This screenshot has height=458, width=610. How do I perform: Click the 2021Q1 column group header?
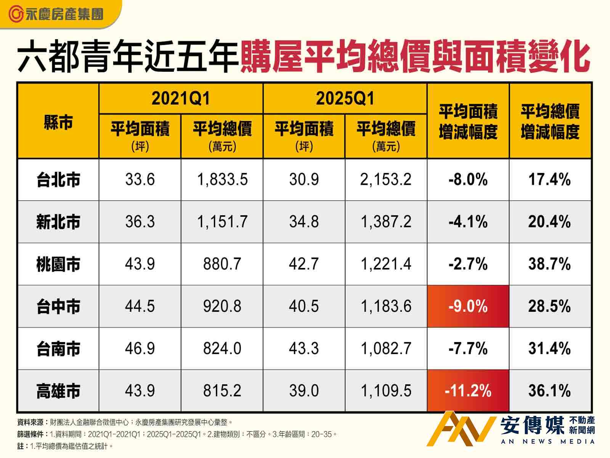(181, 98)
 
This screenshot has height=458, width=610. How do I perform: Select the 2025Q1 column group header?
(345, 98)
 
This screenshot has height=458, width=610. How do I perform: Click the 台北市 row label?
(58, 180)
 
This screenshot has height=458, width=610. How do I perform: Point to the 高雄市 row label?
(58, 391)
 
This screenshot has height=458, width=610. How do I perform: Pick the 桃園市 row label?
(58, 264)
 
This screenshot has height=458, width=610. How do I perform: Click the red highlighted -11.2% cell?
(468, 391)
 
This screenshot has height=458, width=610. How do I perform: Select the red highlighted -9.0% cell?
(468, 306)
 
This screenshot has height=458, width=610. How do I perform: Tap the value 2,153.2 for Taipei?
(386, 179)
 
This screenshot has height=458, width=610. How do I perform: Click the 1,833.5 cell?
(222, 179)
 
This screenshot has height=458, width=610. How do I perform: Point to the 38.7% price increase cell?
(549, 264)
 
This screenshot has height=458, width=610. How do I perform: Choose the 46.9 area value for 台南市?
(140, 348)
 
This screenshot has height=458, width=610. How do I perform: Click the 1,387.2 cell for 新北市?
(386, 222)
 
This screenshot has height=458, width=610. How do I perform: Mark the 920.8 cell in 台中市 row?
(222, 306)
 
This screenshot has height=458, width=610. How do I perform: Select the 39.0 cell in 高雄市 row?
(304, 391)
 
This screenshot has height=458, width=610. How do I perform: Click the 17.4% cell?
(549, 179)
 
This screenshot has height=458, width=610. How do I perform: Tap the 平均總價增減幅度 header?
(550, 122)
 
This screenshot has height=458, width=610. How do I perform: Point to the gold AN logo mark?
(463, 428)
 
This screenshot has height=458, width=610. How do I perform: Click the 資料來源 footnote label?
(31, 423)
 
